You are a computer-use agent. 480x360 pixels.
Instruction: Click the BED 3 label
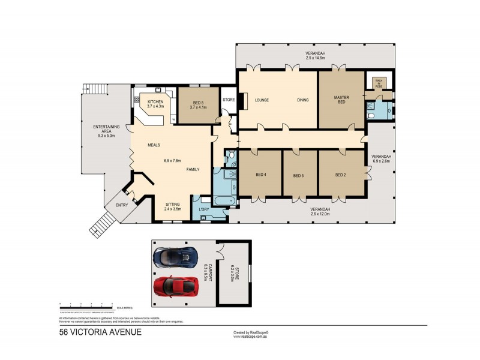(x=299, y=176)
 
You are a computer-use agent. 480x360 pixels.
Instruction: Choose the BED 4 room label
(x=260, y=175)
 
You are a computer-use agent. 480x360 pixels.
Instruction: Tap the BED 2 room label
(x=340, y=175)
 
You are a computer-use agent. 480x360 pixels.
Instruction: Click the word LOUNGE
(x=260, y=100)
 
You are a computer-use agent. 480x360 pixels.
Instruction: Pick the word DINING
(x=302, y=100)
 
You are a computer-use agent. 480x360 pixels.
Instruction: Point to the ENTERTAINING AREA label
(x=106, y=129)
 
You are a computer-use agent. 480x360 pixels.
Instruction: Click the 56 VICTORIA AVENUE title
(x=100, y=331)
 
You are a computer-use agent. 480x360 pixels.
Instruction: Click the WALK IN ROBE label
(x=378, y=83)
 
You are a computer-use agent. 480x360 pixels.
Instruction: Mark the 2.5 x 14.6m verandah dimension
(x=315, y=59)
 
